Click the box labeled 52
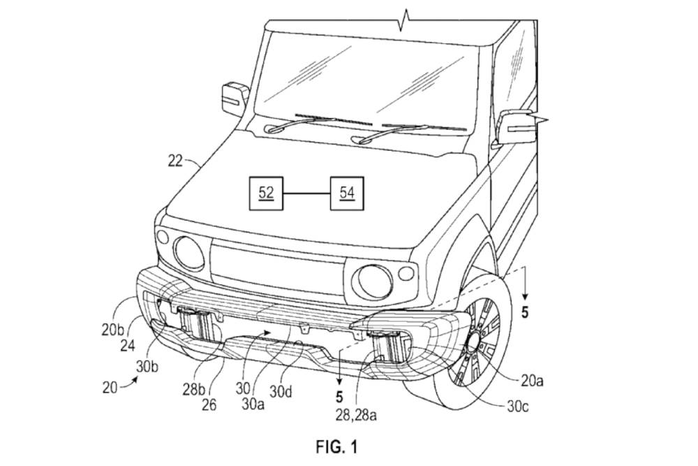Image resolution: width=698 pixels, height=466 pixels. [x=266, y=193]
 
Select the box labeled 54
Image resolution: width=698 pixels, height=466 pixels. [x=347, y=193]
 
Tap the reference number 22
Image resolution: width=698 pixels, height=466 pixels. [x=174, y=161]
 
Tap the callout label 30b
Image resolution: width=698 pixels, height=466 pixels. [x=149, y=366]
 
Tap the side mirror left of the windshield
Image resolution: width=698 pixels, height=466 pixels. [x=234, y=99]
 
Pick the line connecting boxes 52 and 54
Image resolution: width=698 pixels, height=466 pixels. [x=306, y=193]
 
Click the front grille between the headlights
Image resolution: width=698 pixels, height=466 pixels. [x=276, y=269]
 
